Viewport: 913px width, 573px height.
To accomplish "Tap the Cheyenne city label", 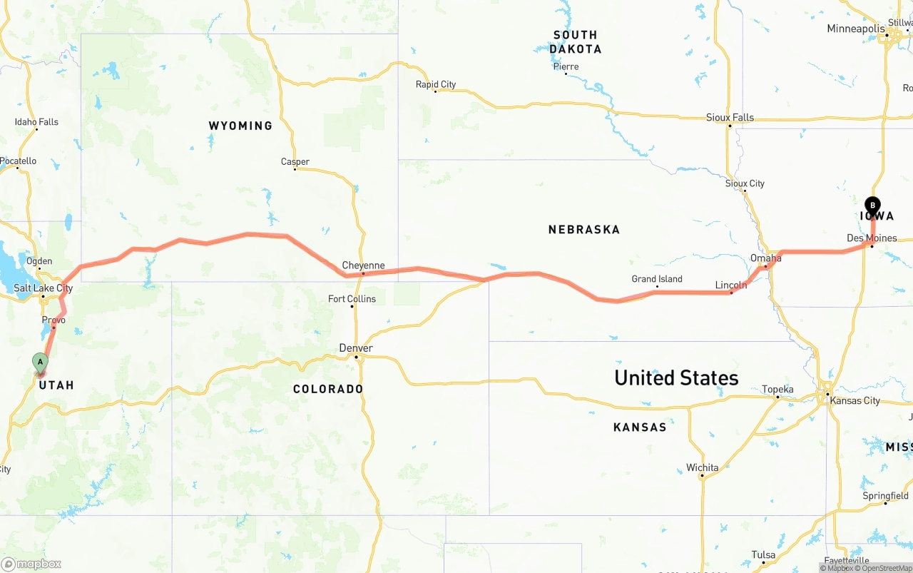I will pyautogui.click(x=363, y=265).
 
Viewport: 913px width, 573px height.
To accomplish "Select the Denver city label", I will pyautogui.click(x=356, y=348).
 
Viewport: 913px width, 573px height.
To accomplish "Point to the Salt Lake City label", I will pyautogui.click(x=44, y=288).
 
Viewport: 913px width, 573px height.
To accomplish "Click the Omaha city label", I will pyautogui.click(x=765, y=258).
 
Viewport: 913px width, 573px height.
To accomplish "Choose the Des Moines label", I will pyautogui.click(x=872, y=238).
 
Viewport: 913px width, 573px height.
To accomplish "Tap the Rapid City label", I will pyautogui.click(x=436, y=84).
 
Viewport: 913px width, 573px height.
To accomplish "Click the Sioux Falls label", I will pyautogui.click(x=730, y=118).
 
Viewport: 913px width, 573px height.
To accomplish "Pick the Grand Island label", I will pyautogui.click(x=657, y=279).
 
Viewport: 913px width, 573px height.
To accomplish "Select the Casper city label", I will pyautogui.click(x=295, y=162).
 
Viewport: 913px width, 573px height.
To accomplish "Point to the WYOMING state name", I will pyautogui.click(x=240, y=126).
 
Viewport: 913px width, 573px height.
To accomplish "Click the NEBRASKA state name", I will pyautogui.click(x=584, y=230).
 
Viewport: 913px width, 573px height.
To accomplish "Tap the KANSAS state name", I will pyautogui.click(x=640, y=427).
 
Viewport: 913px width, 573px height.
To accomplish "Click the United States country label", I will pyautogui.click(x=676, y=377).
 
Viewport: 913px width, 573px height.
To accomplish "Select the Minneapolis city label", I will pyautogui.click(x=856, y=29).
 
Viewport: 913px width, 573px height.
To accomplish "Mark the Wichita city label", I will pyautogui.click(x=703, y=468).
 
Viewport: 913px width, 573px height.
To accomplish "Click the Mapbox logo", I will pyautogui.click(x=31, y=564).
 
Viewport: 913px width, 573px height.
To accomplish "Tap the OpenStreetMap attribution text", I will pyautogui.click(x=883, y=568).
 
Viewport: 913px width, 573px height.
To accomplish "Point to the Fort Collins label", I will pyautogui.click(x=352, y=299).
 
